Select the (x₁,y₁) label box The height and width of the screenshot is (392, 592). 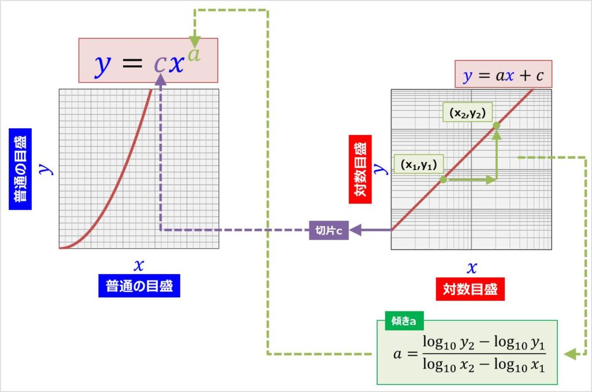point(418,164)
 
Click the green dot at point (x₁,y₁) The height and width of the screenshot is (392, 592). point(443,180)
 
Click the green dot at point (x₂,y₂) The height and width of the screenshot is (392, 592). point(496,125)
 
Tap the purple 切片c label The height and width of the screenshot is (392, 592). point(328,230)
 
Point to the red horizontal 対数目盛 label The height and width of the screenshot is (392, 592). point(469,289)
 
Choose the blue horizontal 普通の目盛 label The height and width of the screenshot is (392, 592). point(139,286)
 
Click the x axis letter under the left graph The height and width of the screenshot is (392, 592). point(139,265)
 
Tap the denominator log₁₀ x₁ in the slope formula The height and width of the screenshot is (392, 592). point(523,365)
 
